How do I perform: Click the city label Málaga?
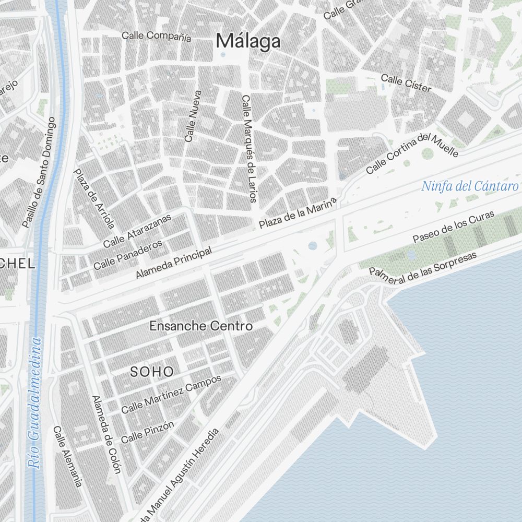[x=248, y=41]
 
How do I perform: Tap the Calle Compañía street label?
[x=156, y=36]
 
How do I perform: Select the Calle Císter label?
[x=406, y=84]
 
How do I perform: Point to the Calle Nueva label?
[x=192, y=116]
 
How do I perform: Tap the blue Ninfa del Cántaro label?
[x=470, y=186]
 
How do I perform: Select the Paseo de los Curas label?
[x=453, y=228]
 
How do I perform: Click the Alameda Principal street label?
[x=173, y=263]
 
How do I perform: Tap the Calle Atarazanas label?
[x=137, y=232]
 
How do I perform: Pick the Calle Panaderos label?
[x=128, y=255]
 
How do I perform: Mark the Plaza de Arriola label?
[x=94, y=199]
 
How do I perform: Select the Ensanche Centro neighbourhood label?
[x=201, y=326]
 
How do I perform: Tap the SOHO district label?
[x=151, y=372]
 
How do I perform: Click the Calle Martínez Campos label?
[x=171, y=394]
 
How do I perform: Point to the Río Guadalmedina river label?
[x=35, y=402]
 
